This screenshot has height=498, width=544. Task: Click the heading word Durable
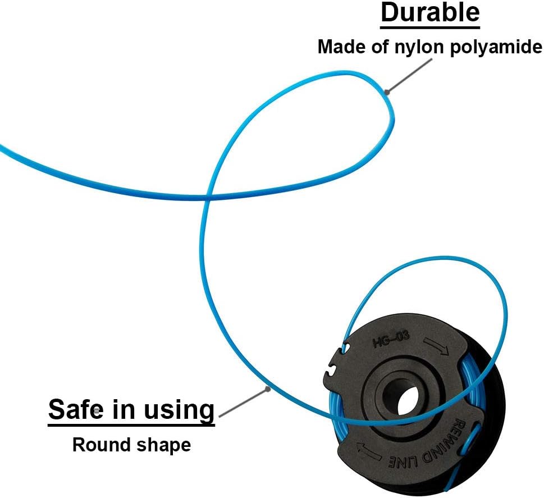(430, 13)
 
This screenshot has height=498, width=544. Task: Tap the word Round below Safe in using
(97, 445)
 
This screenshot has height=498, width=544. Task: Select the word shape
(163, 446)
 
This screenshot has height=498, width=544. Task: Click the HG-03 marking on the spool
(391, 339)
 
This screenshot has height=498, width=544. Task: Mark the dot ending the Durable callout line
(385, 90)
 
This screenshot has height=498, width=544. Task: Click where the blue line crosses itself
(209, 197)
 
